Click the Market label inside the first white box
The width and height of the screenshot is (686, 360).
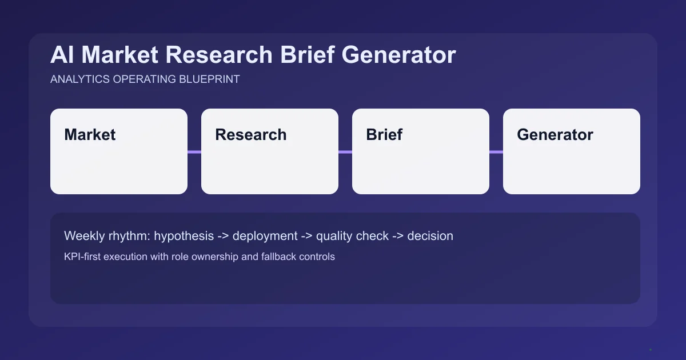pos(90,135)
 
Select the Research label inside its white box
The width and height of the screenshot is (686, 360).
pos(250,135)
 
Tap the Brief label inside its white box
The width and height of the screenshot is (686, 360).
pos(384,135)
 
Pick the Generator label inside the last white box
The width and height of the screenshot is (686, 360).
pos(555,135)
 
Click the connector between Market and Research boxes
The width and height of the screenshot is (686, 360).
pos(194,152)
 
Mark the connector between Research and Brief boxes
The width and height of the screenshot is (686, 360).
pos(345,152)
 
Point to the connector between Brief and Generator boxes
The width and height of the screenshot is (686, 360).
pos(496,152)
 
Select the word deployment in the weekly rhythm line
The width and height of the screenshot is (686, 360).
pos(265,236)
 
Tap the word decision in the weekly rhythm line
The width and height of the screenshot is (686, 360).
pos(430,236)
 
